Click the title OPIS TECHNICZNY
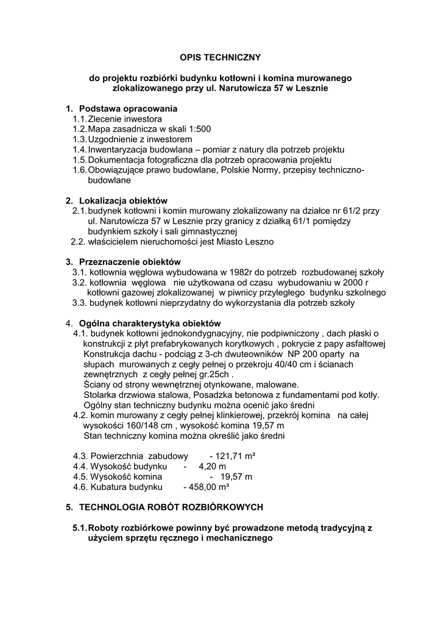pyautogui.click(x=220, y=57)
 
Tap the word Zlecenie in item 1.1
pyautogui.click(x=104, y=119)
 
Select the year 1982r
pyautogui.click(x=238, y=272)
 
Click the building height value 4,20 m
pyautogui.click(x=213, y=466)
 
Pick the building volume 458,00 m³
pyautogui.click(x=206, y=487)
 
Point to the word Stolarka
pyautogui.click(x=102, y=395)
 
